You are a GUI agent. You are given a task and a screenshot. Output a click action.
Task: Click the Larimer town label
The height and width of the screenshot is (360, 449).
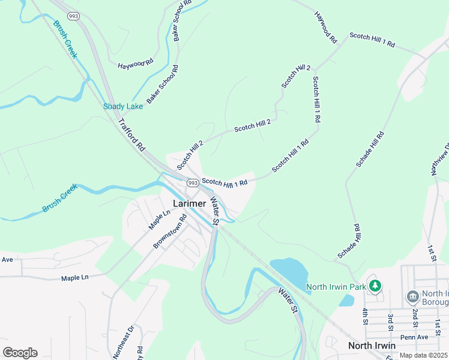[190, 203]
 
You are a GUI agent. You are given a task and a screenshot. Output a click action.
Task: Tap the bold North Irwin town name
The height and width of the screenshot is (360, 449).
[372, 346]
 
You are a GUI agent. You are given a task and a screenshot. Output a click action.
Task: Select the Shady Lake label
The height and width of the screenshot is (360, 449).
[123, 106]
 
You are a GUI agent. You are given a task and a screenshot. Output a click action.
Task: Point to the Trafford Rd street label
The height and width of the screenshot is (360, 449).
[132, 135]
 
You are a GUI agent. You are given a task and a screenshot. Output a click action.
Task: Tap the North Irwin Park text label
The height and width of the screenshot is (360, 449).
[336, 287]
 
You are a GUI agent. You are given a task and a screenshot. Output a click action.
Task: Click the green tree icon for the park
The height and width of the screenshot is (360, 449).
[375, 285]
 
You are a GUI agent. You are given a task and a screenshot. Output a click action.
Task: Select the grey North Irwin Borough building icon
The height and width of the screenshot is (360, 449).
[412, 296]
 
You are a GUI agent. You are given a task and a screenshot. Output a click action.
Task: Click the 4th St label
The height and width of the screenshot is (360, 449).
[364, 317]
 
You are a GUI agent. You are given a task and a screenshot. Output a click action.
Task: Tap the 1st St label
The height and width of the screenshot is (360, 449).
[430, 252]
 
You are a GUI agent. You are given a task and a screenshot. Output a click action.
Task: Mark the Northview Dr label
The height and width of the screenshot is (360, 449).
[440, 160]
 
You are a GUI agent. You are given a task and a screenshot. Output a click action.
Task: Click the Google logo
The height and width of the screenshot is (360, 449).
[20, 353]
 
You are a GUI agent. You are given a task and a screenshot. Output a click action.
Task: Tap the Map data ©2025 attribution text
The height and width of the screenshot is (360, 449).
[422, 355]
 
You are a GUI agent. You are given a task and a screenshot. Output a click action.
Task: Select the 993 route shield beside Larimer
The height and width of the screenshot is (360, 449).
[192, 182]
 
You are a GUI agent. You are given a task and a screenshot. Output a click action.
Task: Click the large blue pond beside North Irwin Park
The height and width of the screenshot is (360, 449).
[290, 271]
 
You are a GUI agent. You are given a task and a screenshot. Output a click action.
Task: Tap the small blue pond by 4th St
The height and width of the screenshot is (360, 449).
[347, 300]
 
